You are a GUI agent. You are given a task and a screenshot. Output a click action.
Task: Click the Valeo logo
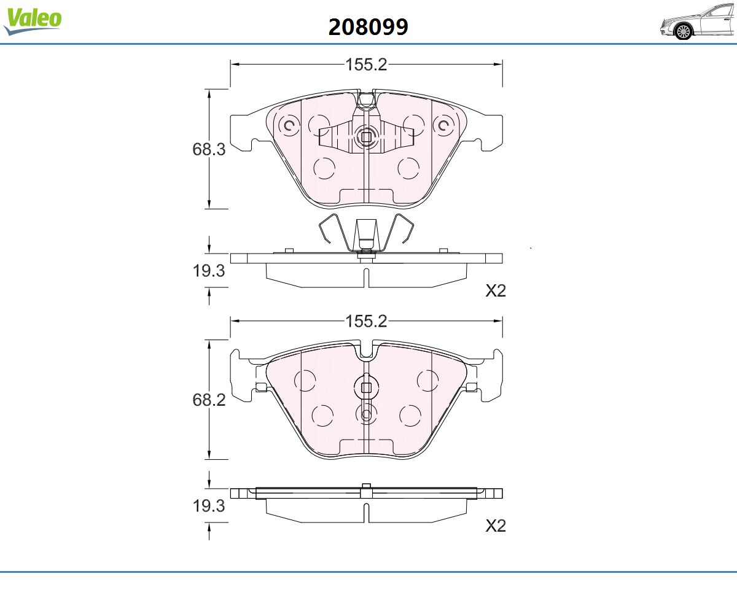point(33,21)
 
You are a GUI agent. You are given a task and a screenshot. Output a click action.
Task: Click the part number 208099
point(368,27)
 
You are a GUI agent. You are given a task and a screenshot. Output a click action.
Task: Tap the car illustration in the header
point(698,22)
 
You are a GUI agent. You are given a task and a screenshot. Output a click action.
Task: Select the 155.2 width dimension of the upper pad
point(366,64)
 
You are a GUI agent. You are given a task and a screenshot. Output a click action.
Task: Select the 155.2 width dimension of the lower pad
point(366,321)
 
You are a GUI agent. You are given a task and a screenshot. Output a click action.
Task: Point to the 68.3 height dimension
point(209,149)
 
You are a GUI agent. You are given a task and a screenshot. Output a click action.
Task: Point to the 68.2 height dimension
point(209,400)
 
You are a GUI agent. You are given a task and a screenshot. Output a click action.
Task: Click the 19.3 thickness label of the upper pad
point(209,271)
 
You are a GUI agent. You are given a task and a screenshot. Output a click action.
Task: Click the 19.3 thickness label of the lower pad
point(209,506)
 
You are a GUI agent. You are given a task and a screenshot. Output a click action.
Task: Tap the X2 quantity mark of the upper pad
point(496,291)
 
